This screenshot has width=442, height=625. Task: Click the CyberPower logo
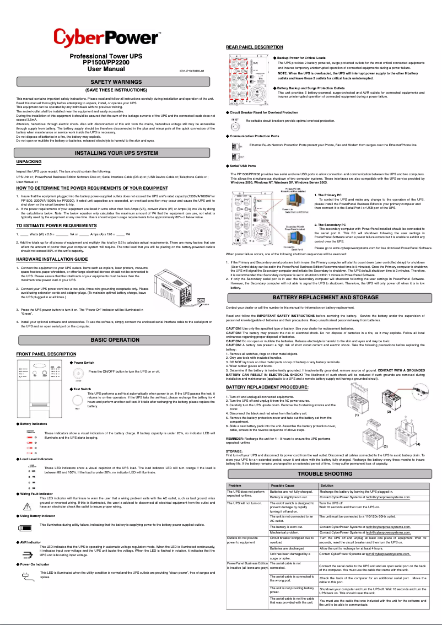point(107,39)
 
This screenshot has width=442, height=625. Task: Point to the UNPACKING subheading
point(29,161)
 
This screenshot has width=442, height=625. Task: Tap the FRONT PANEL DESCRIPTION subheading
point(46,354)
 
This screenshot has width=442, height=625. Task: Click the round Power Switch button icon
point(78,373)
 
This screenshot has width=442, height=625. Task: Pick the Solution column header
point(327,485)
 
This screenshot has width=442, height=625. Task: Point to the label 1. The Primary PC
point(327,196)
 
